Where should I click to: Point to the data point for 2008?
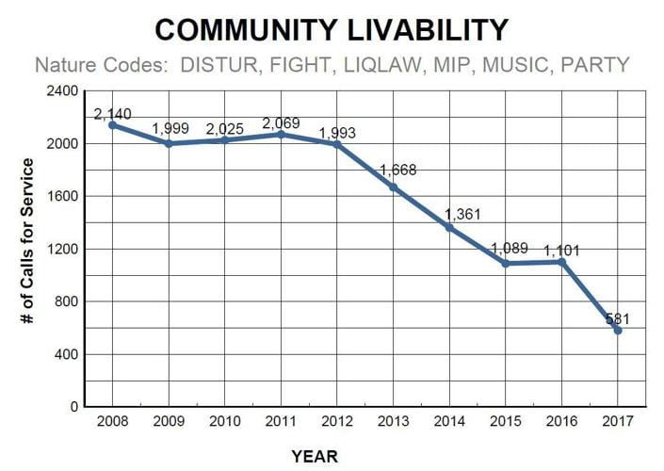[112, 124]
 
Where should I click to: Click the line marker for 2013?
[393, 187]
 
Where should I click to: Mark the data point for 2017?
[617, 330]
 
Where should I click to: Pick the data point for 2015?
[505, 264]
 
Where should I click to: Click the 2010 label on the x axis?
[224, 420]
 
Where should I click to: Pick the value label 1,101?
[564, 251]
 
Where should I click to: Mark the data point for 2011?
[281, 135]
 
